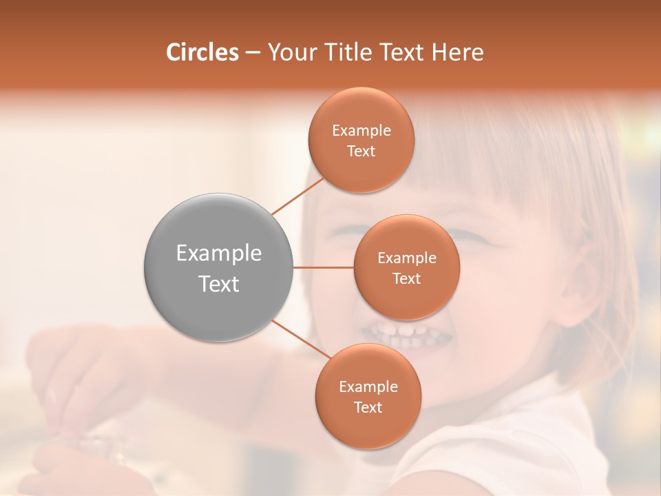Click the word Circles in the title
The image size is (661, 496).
[x=202, y=52]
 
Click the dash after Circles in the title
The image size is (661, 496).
[x=253, y=53]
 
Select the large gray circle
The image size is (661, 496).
[x=218, y=267]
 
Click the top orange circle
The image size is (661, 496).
[x=361, y=140]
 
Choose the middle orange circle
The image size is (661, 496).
[x=406, y=267]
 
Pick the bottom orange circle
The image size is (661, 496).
[x=368, y=396]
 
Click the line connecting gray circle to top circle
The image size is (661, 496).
[x=298, y=196]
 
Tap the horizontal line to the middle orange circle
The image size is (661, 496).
[x=323, y=267]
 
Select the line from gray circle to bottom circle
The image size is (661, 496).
[x=301, y=340]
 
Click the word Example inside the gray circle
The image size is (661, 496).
[x=218, y=254]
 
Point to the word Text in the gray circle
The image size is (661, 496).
[x=218, y=284]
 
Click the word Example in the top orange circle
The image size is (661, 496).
[x=361, y=130]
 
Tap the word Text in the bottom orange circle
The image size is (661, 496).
[x=368, y=407]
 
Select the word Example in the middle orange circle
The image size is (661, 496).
[x=406, y=258]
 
